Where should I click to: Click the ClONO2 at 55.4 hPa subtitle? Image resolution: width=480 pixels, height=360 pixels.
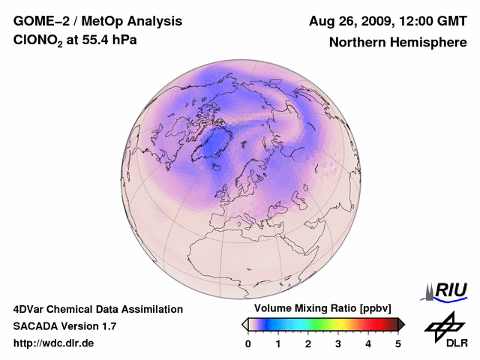[x=75, y=40]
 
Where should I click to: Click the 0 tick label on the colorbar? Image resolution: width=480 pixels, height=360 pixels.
[x=248, y=343]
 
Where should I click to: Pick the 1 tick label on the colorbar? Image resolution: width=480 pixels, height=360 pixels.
[x=278, y=343]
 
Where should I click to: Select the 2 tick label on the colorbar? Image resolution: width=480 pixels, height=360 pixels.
[x=308, y=343]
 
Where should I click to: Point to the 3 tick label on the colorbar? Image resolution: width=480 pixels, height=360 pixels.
[x=338, y=343]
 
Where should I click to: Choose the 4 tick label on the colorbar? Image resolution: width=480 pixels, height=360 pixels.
[x=368, y=343]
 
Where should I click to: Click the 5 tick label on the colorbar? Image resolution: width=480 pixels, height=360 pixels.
[x=398, y=343]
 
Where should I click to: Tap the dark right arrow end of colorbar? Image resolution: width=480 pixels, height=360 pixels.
[x=401, y=324]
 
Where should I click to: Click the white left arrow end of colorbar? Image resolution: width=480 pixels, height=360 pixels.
[x=244, y=324]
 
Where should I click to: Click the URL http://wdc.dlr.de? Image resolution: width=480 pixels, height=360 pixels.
[x=54, y=343]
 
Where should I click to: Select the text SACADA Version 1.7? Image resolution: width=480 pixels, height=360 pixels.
[x=64, y=326]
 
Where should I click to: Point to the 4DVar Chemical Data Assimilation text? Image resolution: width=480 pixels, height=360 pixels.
[x=97, y=309]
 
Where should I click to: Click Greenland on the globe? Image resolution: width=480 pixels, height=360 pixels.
[x=216, y=142]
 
